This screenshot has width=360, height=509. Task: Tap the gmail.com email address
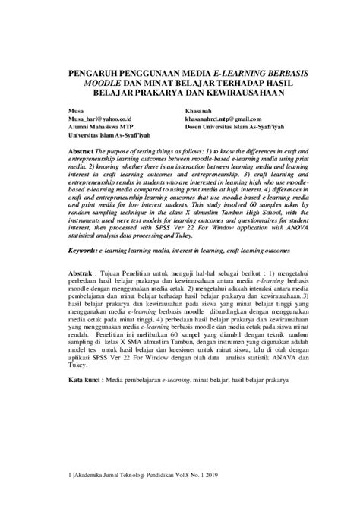(x=223, y=119)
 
